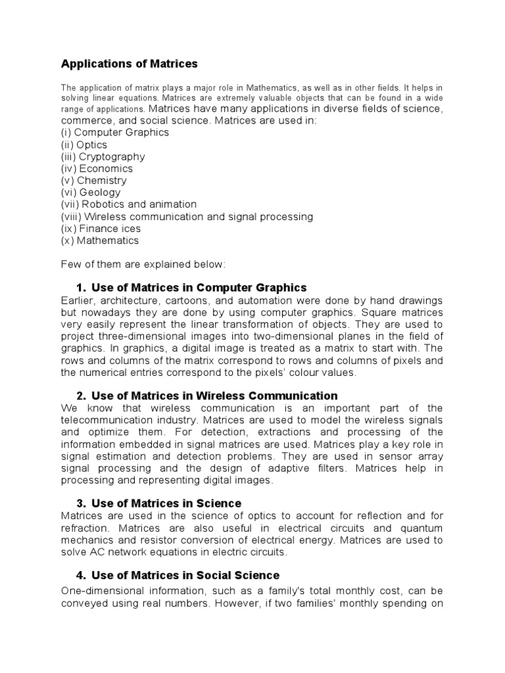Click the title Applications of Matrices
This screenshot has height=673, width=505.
point(129,64)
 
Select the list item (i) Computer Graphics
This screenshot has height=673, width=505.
point(114,133)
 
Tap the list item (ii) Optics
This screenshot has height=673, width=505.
point(84,145)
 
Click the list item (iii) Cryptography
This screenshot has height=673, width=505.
point(103,156)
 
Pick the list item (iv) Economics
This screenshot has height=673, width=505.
point(97,168)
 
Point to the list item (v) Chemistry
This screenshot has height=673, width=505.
point(94,180)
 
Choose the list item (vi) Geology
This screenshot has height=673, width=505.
point(91,193)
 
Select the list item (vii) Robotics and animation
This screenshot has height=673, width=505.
point(128,204)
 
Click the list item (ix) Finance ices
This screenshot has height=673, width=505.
point(101,229)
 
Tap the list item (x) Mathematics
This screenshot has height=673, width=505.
point(100,241)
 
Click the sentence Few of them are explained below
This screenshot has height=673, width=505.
point(143,264)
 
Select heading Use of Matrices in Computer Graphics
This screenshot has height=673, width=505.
point(199,288)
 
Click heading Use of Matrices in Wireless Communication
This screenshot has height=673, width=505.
point(214,396)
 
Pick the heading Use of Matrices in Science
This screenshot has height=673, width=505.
point(166,503)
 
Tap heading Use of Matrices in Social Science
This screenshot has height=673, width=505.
point(185,575)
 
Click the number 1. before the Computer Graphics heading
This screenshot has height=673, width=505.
point(81,288)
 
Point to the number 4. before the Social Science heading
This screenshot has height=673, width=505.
point(81,575)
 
